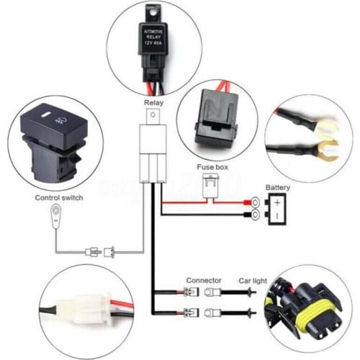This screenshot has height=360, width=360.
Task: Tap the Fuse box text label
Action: pyautogui.click(x=213, y=167)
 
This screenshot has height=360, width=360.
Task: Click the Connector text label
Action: pyautogui.click(x=199, y=280)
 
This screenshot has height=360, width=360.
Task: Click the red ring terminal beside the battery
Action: pyautogui.click(x=254, y=202)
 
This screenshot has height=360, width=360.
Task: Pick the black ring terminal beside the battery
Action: pyautogui.click(x=254, y=214)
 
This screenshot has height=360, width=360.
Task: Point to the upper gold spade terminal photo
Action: pyautogui.click(x=328, y=132)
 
